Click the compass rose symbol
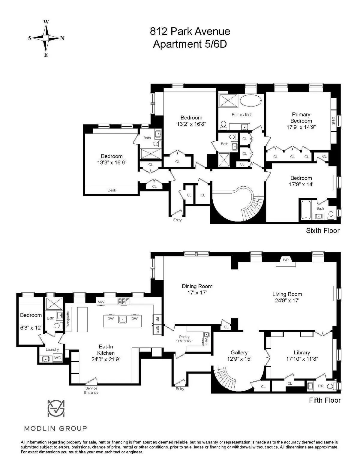tap(46, 38)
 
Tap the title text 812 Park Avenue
tap(190, 31)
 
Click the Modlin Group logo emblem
tap(56, 408)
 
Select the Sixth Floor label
tap(322, 230)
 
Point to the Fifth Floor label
tap(325, 400)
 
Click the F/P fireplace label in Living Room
tap(285, 260)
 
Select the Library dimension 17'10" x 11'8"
tap(302, 359)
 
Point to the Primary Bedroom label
tap(301, 118)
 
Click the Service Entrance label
tap(91, 390)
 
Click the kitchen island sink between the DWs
tap(122, 319)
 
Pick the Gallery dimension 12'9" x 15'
tap(239, 359)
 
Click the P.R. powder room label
tap(321, 386)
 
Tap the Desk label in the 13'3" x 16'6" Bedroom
tap(112, 190)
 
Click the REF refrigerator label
tap(157, 329)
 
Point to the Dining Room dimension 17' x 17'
tap(197, 293)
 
